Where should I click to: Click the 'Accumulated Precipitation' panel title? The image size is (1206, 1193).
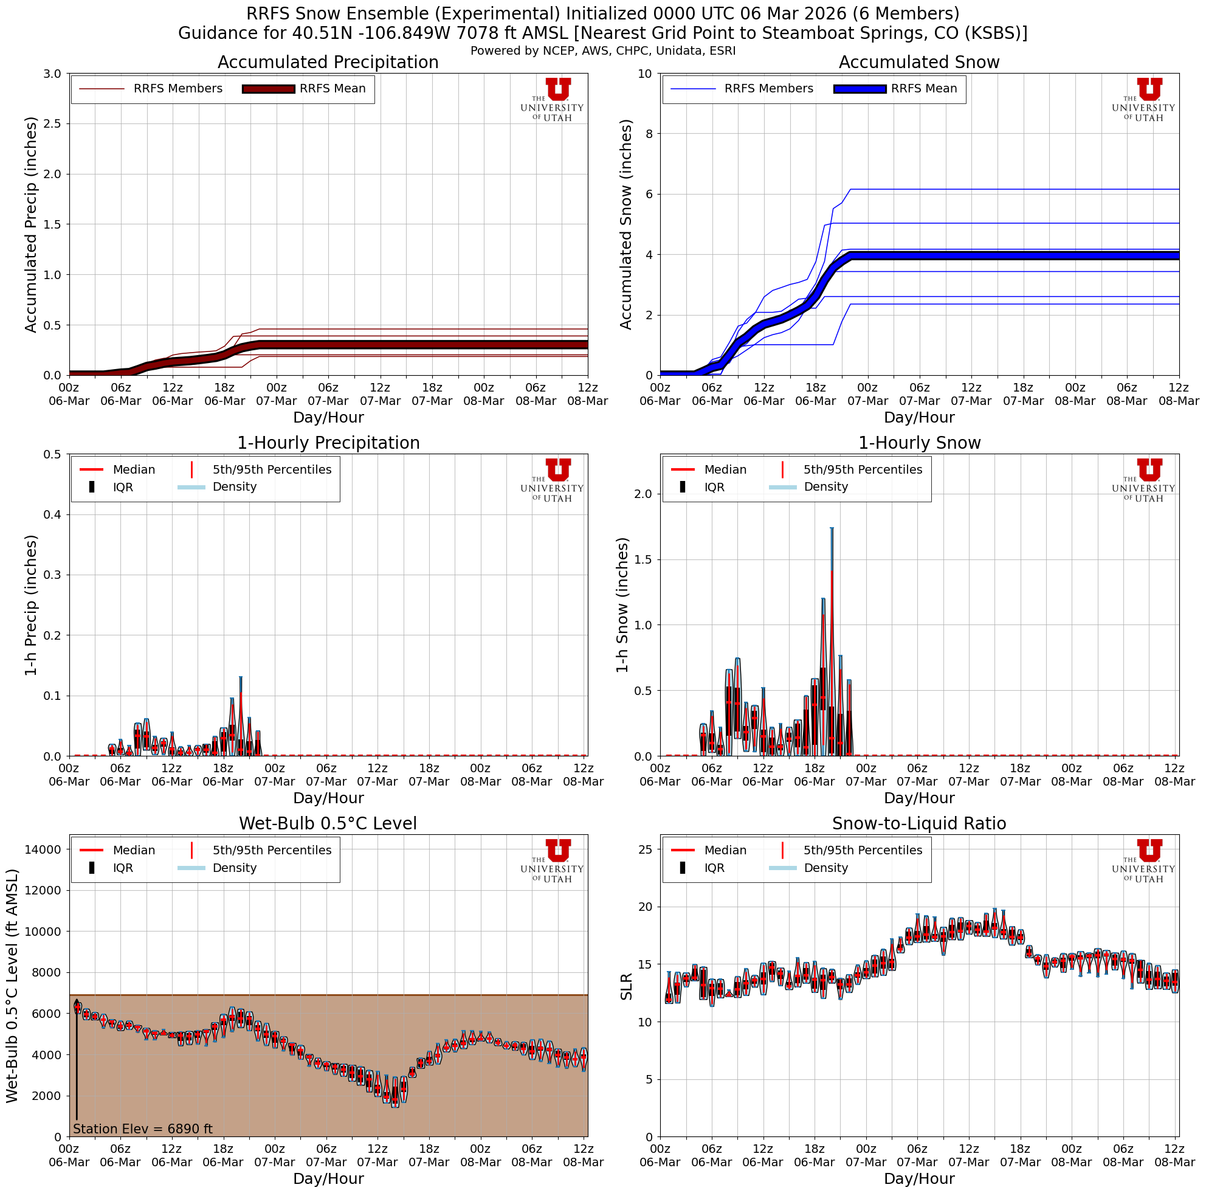pos(328,63)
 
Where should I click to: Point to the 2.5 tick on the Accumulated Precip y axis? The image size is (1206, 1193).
pos(52,123)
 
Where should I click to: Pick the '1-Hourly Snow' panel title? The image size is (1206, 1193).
pos(919,443)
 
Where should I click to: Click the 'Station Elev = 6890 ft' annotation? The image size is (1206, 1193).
pos(143,1129)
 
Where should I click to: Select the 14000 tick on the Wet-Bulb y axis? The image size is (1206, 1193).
pos(43,849)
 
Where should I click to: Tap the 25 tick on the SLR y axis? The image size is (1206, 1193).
pos(646,849)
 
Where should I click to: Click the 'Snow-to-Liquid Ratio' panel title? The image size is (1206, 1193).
pos(919,823)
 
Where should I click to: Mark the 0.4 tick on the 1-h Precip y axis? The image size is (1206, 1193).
pos(52,514)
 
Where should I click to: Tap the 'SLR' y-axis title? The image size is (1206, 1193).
pos(626,986)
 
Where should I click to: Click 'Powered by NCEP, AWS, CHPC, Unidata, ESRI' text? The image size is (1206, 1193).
pos(603,50)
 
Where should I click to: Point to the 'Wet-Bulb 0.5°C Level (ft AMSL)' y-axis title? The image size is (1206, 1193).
pos(13,986)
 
